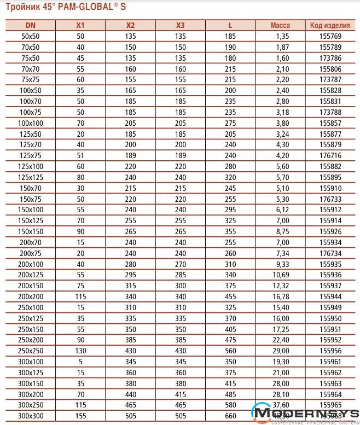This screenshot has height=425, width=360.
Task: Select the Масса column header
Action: click(x=280, y=25)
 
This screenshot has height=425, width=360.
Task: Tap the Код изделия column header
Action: click(x=330, y=25)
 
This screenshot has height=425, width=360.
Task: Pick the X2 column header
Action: click(x=130, y=25)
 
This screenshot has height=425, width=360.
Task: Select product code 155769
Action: click(x=330, y=36)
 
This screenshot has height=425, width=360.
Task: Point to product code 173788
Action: click(x=330, y=113)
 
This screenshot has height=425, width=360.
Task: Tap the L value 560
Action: click(x=231, y=350)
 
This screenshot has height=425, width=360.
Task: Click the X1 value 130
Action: click(x=80, y=350)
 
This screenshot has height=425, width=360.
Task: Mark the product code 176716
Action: click(x=330, y=155)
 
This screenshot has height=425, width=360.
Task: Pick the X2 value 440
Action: click(x=130, y=393)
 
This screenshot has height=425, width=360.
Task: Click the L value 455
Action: click(x=231, y=295)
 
